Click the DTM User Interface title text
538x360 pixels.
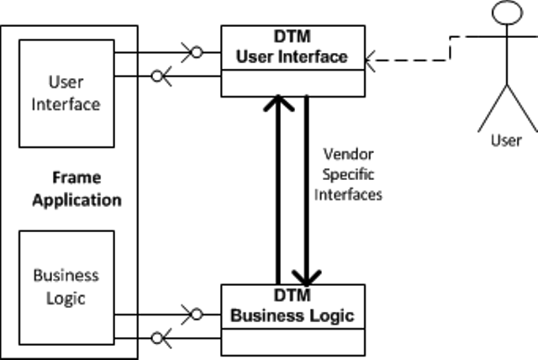pyautogui.click(x=292, y=48)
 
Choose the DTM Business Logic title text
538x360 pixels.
pyautogui.click(x=292, y=306)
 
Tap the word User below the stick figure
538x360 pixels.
pyautogui.click(x=505, y=140)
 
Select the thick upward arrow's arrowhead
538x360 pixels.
pyautogui.click(x=277, y=104)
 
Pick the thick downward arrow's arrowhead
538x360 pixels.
pyautogui.click(x=307, y=275)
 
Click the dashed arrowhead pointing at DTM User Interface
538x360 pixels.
pyautogui.click(x=372, y=59)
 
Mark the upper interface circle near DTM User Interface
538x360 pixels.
pyautogui.click(x=196, y=52)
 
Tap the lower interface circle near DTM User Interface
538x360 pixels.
pyautogui.click(x=156, y=77)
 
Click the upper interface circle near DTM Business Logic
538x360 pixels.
pyautogui.click(x=196, y=314)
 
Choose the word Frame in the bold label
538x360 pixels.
pyautogui.click(x=76, y=178)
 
